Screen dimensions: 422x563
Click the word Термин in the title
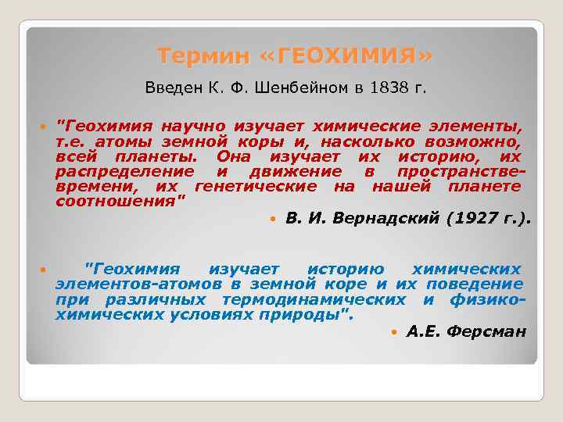point(201,56)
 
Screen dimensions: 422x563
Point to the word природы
point(317,315)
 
